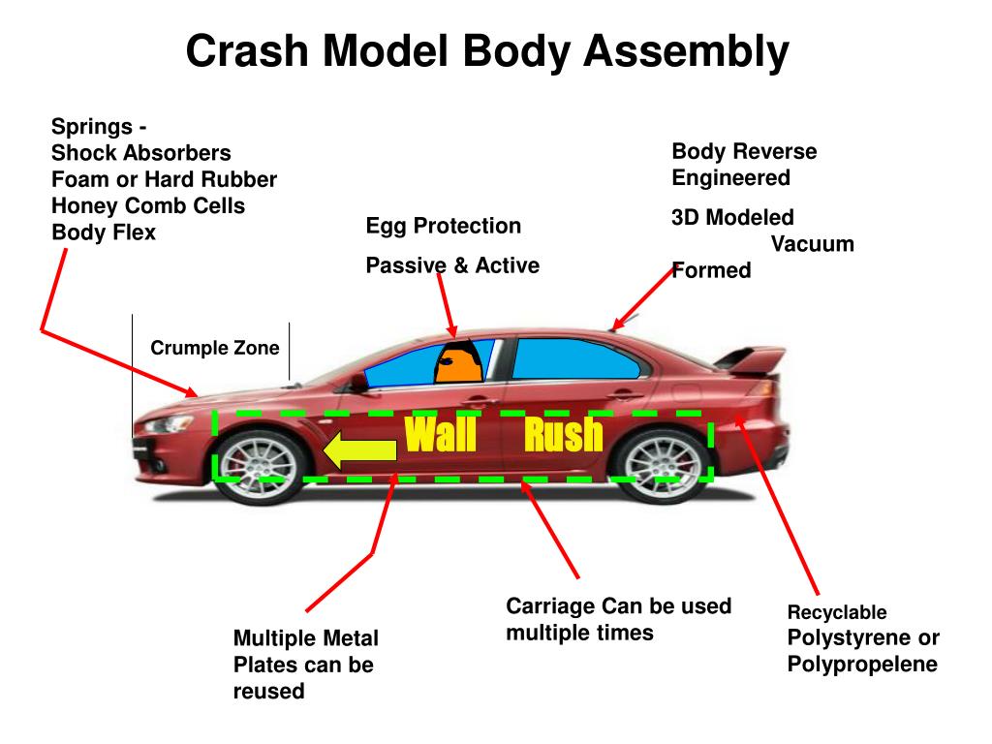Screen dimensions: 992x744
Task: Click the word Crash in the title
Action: (x=247, y=50)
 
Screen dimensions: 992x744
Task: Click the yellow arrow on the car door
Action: (x=359, y=449)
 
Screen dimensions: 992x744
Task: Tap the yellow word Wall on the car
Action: (x=441, y=434)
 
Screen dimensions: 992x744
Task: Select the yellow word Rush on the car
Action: (x=563, y=434)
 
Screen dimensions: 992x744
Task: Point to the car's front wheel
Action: (x=260, y=467)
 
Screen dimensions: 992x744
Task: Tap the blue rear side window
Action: (x=575, y=358)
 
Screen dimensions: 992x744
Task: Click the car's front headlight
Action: (x=169, y=423)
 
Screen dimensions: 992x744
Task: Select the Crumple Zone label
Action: (x=214, y=348)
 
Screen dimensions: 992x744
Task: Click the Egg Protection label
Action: (x=444, y=226)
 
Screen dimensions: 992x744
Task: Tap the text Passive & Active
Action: (x=452, y=265)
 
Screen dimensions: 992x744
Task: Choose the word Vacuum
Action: (x=813, y=244)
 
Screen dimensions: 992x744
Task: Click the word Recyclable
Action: (x=837, y=612)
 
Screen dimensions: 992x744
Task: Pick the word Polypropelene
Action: (x=862, y=665)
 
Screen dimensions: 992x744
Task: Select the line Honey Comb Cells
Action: (x=148, y=205)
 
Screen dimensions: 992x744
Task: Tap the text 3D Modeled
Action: (x=732, y=218)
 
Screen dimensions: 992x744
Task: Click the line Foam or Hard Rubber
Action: (x=165, y=179)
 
